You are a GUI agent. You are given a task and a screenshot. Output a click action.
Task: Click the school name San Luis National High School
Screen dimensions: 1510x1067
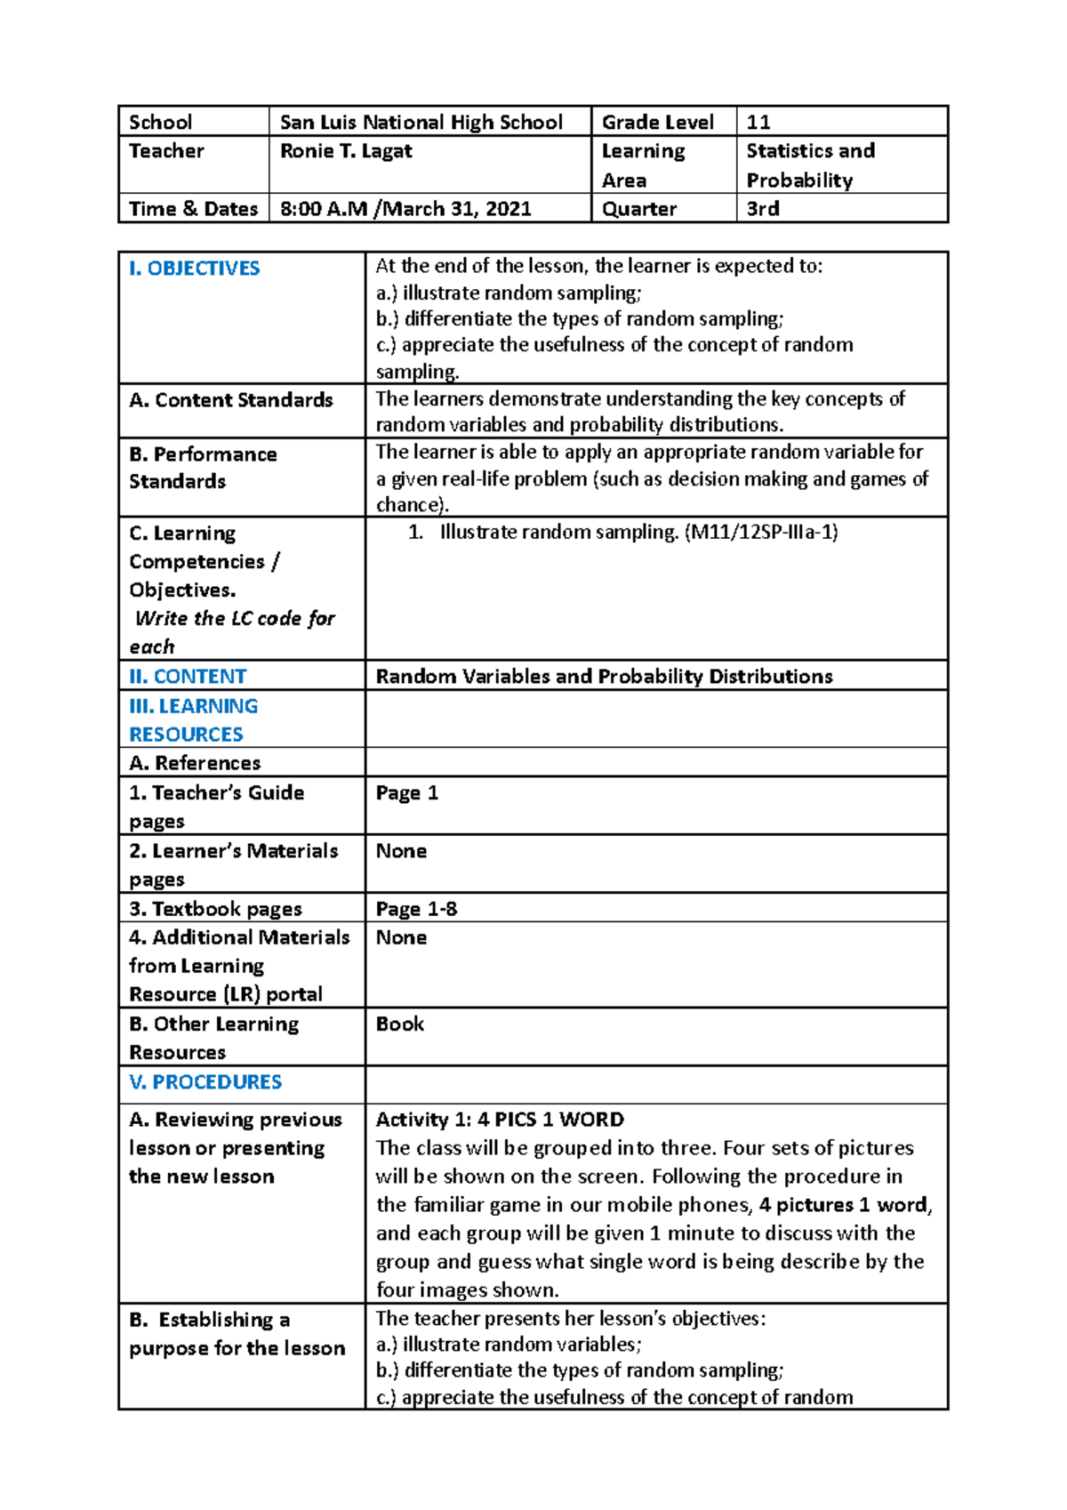click(421, 122)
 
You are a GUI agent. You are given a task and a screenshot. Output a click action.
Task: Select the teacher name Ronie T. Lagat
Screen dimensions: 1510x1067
click(346, 151)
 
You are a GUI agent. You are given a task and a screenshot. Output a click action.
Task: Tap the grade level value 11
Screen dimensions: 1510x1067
click(758, 122)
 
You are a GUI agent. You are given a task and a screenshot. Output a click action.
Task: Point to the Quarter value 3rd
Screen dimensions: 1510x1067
click(763, 209)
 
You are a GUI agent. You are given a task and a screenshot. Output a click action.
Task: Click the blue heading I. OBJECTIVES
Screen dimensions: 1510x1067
click(194, 269)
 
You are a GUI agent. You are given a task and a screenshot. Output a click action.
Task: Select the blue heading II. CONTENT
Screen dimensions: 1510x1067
click(188, 677)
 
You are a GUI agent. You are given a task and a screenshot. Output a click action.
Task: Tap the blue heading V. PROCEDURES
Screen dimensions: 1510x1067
click(205, 1082)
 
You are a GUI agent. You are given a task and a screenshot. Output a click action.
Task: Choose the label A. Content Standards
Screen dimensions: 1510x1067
click(231, 400)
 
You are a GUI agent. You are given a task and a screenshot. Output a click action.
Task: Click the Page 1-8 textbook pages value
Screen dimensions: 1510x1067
click(416, 909)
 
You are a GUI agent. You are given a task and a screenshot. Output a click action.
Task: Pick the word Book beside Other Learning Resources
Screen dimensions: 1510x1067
click(400, 1024)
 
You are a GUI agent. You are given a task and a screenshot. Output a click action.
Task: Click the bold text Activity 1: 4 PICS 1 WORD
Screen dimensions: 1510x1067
click(500, 1120)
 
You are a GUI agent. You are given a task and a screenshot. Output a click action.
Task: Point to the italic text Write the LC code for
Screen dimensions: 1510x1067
click(235, 619)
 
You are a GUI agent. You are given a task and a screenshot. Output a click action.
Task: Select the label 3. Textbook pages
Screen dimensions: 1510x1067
click(216, 909)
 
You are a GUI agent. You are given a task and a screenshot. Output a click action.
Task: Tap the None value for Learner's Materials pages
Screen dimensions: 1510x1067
click(401, 851)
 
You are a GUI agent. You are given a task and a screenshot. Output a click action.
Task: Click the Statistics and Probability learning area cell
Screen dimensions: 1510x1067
click(809, 165)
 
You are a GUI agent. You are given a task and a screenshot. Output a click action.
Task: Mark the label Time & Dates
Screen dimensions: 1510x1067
click(193, 209)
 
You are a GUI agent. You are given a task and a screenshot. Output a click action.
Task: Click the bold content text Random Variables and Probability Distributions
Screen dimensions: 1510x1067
click(604, 677)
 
